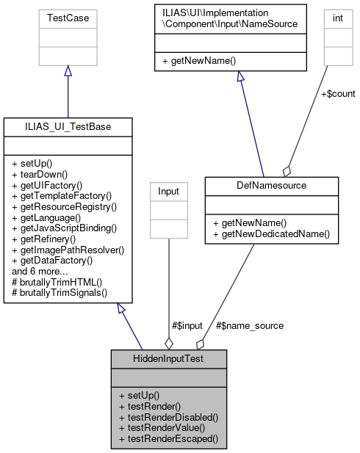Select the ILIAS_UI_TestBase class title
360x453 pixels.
click(x=68, y=127)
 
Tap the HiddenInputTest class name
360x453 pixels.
click(x=169, y=358)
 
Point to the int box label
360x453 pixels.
click(x=337, y=17)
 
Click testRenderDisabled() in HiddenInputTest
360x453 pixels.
click(x=168, y=416)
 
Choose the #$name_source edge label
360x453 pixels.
click(x=250, y=325)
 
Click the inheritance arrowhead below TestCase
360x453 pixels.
click(x=68, y=70)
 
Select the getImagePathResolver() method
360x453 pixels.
click(x=68, y=250)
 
